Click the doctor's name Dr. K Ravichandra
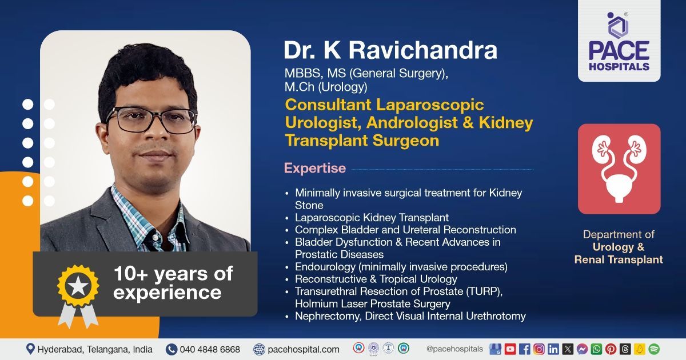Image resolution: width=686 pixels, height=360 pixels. [390, 50]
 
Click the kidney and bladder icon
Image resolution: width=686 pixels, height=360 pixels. [619, 169]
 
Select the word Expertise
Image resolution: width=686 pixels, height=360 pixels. [315, 169]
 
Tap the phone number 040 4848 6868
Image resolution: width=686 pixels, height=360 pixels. [210, 349]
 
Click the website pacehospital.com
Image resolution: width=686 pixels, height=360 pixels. [304, 349]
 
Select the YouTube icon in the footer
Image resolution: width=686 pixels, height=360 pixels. [510, 349]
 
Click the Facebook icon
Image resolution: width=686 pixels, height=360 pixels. [525, 349]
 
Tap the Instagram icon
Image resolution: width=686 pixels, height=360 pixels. [539, 349]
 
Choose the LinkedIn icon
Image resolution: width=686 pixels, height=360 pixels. [553, 349]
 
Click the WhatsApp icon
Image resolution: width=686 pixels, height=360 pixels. [596, 349]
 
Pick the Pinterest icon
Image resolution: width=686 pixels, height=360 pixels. [611, 349]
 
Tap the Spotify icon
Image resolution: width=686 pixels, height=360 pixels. [654, 349]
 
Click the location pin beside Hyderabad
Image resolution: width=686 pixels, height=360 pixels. [30, 349]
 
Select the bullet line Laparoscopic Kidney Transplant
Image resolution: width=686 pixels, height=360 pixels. [372, 218]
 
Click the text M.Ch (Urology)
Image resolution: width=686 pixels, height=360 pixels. [326, 87]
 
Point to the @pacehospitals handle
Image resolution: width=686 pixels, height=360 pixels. [454, 349]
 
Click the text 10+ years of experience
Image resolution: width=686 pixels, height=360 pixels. [173, 283]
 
